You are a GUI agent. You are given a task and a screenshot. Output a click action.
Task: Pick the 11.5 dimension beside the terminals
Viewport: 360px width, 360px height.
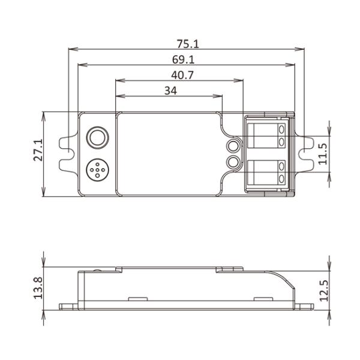323,154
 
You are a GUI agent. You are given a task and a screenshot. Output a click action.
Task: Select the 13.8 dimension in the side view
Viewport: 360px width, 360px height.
38,289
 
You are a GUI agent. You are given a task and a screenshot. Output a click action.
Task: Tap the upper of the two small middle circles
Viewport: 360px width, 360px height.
233,145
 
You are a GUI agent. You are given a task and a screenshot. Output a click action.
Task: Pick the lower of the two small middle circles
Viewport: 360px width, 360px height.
233,161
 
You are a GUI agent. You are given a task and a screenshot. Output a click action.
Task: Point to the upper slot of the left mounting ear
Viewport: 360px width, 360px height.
65,142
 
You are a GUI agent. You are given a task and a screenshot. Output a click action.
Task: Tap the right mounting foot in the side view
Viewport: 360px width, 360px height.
305,306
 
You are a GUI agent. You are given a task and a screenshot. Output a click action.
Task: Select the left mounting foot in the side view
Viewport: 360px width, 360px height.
67,306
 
